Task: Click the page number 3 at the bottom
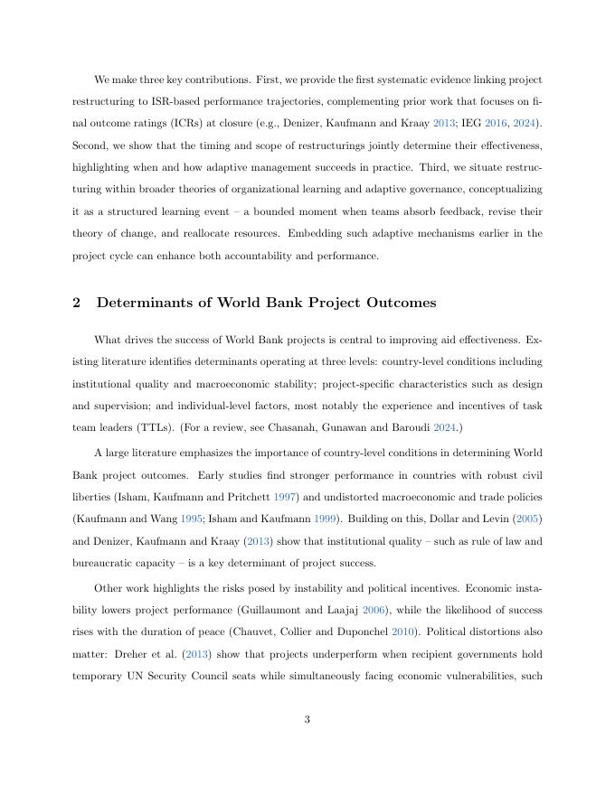point(307,719)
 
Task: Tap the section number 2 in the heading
point(76,303)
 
